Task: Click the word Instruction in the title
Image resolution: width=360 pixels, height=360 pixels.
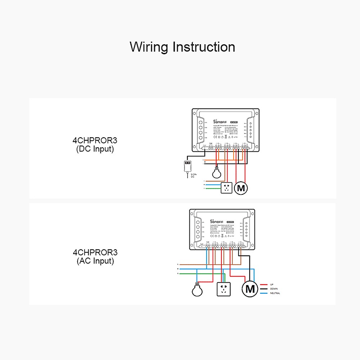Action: pos(204,47)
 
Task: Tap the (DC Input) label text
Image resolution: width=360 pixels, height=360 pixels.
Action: pos(95,149)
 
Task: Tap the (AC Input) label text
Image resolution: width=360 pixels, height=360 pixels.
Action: pos(95,261)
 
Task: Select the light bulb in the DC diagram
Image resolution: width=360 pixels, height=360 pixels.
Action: pos(216,174)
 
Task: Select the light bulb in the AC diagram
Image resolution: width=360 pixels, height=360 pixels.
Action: pos(197,289)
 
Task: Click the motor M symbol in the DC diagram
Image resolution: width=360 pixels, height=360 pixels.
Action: pos(241,188)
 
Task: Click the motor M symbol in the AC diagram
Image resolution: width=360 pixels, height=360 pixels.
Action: pos(250,288)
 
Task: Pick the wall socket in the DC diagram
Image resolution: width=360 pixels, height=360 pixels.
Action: pos(226,188)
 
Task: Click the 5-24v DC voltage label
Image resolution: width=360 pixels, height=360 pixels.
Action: pos(193,175)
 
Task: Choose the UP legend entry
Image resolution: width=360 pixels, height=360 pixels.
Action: pos(272,284)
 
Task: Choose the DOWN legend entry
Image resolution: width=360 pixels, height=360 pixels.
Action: pos(274,289)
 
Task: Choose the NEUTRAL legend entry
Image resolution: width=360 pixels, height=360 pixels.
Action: pos(275,293)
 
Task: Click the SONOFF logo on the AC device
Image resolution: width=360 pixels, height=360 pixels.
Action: pos(216,222)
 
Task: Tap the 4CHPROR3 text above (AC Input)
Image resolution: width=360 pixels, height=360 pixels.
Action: pos(95,253)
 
